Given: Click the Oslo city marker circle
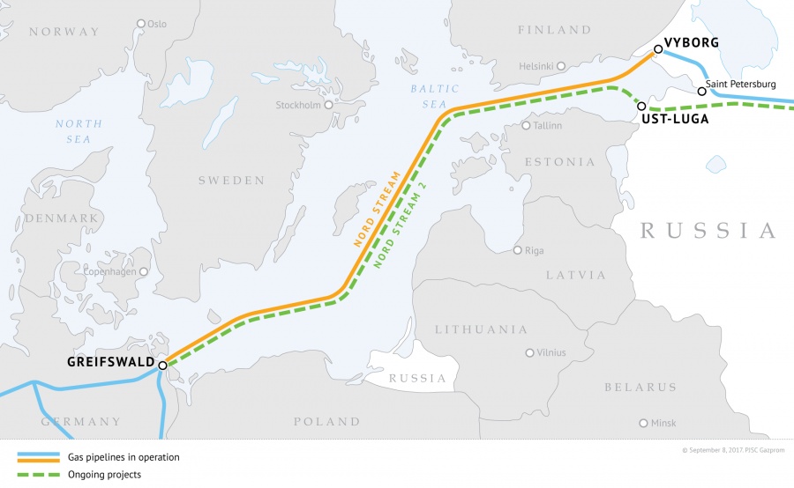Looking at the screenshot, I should (141, 24).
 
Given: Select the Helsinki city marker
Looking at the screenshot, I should (560, 65).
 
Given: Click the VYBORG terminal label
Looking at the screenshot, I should (693, 42).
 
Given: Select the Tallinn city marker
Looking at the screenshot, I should (526, 125).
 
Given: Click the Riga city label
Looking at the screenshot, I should (535, 250).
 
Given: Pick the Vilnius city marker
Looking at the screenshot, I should (529, 352).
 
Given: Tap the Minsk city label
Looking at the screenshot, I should (663, 423).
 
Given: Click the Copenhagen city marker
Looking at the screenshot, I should (144, 272).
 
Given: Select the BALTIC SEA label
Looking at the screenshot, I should (435, 96).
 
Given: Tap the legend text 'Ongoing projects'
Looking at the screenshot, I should (104, 475).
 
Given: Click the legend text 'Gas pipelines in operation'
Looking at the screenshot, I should (124, 457).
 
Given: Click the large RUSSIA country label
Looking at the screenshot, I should (708, 231).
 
